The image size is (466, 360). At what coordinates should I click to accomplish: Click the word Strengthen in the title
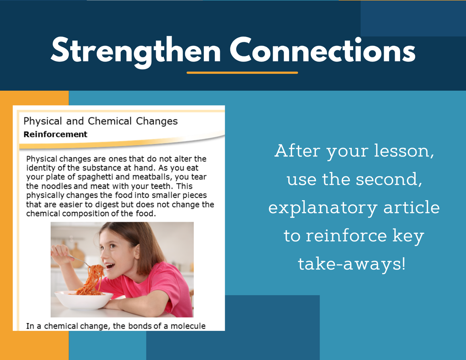click(136, 51)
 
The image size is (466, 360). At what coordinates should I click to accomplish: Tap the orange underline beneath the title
click(242, 72)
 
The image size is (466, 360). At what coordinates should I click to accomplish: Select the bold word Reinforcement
click(55, 134)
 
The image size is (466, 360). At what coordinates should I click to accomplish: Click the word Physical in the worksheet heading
click(43, 121)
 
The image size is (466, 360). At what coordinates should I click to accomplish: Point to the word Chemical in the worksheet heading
click(110, 121)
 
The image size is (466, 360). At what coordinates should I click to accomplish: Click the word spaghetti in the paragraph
click(95, 177)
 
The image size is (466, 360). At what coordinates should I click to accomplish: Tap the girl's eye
click(112, 246)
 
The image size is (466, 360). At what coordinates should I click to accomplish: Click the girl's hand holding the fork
click(62, 255)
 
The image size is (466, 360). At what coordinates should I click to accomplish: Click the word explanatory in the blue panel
click(323, 208)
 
